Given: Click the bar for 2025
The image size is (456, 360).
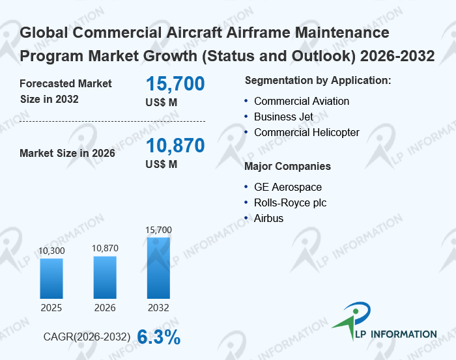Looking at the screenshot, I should (x=51, y=278).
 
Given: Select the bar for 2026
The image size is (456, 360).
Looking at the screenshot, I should (x=104, y=277).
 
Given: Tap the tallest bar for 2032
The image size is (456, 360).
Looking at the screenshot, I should (x=158, y=268).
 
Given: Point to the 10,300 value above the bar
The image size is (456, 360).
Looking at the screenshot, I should (x=51, y=251).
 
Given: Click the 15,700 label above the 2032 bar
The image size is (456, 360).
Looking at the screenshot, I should (x=158, y=230).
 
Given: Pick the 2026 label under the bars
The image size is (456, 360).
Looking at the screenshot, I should (x=104, y=307).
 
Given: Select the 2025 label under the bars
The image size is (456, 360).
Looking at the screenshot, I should (x=51, y=307).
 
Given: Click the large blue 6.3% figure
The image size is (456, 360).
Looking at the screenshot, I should (x=158, y=337).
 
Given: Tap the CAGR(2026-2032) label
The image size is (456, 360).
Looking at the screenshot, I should (x=87, y=337).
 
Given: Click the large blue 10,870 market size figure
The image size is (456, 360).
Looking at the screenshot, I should (x=175, y=146).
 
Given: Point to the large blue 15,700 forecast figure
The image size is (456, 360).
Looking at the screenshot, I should (x=175, y=84).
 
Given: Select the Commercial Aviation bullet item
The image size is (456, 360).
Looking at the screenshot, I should (x=302, y=101).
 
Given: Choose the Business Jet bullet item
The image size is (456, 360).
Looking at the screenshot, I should (x=283, y=117).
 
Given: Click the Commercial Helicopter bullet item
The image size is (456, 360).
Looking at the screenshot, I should (x=306, y=132).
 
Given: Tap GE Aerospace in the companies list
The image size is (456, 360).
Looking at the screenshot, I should (x=288, y=187).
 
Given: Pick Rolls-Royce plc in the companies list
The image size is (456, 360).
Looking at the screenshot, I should (x=290, y=202).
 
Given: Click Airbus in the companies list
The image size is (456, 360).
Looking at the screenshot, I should (x=268, y=218).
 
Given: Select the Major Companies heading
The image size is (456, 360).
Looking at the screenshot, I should (x=287, y=166).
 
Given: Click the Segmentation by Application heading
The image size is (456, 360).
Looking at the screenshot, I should (x=317, y=80).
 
